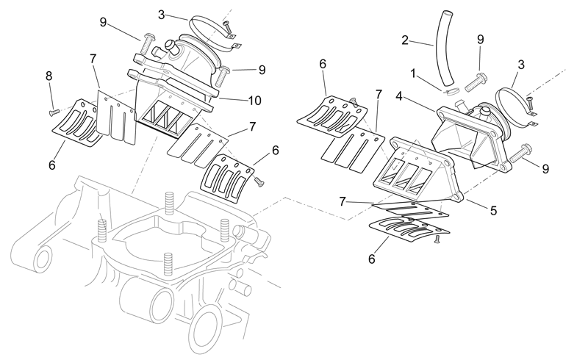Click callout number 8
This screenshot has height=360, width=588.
pyautogui.click(x=49, y=76)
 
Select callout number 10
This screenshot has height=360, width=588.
pyautogui.click(x=254, y=100)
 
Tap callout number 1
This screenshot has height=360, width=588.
pyautogui.click(x=413, y=73)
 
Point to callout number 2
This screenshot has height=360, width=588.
pyautogui.click(x=405, y=40)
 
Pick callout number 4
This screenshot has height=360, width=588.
pyautogui.click(x=399, y=96)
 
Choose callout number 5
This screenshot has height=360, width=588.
pyautogui.click(x=493, y=211)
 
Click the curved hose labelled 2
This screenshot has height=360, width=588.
pyautogui.click(x=445, y=47)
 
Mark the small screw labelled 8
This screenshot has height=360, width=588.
pyautogui.click(x=54, y=112)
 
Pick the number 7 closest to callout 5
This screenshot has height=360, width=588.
pyautogui.click(x=342, y=202)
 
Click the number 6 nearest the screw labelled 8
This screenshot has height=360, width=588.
pyautogui.click(x=51, y=165)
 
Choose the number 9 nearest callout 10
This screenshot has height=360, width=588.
pyautogui.click(x=262, y=70)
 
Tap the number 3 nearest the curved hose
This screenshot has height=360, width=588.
pyautogui.click(x=521, y=65)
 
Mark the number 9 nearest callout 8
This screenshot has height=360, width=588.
pyautogui.click(x=103, y=22)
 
